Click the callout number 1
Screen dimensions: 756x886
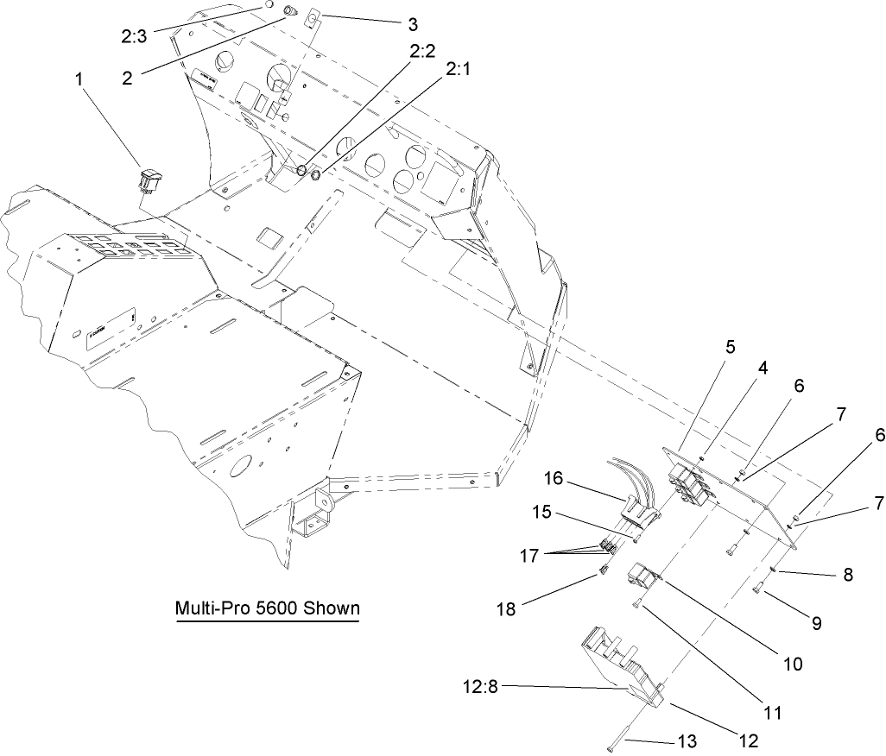pyautogui.click(x=80, y=79)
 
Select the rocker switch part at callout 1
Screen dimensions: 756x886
pyautogui.click(x=150, y=180)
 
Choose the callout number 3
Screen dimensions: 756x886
pyautogui.click(x=411, y=22)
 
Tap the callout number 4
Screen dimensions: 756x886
pyautogui.click(x=763, y=368)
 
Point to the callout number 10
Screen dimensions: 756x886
pyautogui.click(x=792, y=664)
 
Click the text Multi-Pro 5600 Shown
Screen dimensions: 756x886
pyautogui.click(x=267, y=608)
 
